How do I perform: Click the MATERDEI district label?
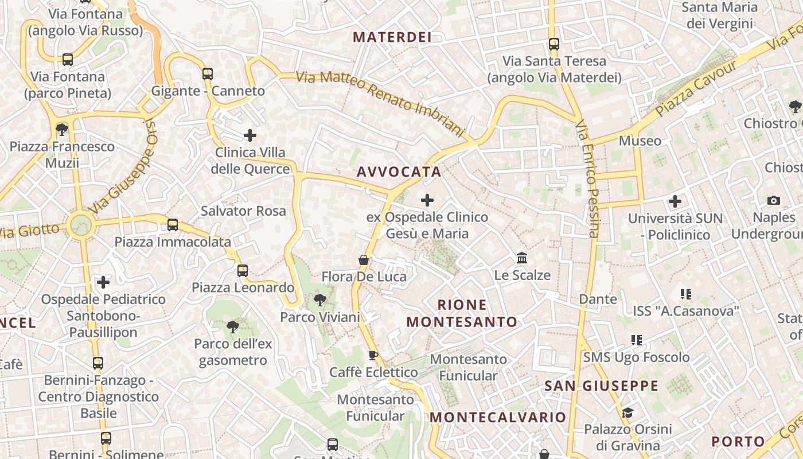(392, 37)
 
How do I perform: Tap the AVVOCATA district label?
(399, 172)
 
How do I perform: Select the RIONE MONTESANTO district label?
(462, 313)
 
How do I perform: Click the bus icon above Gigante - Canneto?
(208, 73)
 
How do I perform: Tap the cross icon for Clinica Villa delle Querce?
(250, 135)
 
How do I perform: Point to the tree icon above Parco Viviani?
(320, 299)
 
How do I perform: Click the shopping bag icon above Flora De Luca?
(364, 260)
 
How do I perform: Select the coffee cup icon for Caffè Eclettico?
(373, 355)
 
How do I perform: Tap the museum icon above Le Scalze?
(522, 258)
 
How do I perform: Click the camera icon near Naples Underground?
(774, 200)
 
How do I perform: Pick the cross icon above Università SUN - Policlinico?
(675, 201)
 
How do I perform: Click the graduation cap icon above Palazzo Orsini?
(627, 413)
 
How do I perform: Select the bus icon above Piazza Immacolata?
(173, 225)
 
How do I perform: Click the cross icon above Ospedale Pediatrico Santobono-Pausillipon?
(103, 282)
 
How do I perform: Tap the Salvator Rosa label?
(243, 211)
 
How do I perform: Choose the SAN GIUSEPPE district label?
(601, 386)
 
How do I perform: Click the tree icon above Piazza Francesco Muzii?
(62, 130)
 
